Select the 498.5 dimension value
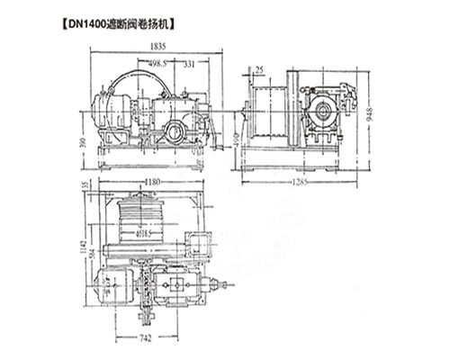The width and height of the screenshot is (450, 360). tap(161, 64)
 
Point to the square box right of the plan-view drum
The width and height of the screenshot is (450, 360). tap(197, 242)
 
